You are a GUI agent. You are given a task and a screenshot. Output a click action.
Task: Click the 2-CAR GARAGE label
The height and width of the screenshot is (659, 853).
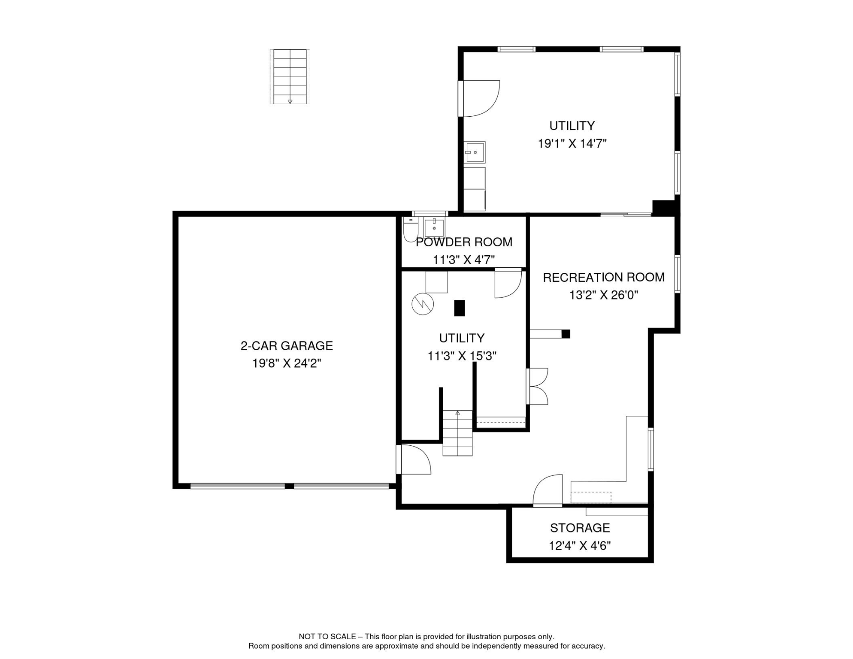[x=287, y=346]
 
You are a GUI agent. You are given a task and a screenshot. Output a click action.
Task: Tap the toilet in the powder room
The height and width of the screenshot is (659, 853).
[x=411, y=230]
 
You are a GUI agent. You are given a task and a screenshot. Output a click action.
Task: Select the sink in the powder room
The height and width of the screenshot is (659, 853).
[x=434, y=227]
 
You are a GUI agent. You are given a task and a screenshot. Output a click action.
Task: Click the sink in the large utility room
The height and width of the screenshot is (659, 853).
[x=475, y=152]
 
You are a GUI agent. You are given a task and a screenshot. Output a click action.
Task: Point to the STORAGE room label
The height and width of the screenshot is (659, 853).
[x=580, y=528]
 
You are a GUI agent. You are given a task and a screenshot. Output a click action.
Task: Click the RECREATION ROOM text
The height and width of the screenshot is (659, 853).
[x=604, y=278]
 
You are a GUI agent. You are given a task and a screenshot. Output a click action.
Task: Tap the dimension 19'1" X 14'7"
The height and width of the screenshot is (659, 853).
[x=572, y=144]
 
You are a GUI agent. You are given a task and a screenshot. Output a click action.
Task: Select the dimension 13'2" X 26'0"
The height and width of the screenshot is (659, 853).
[x=604, y=295]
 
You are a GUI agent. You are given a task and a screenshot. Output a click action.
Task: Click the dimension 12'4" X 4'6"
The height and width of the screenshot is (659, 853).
[x=580, y=546]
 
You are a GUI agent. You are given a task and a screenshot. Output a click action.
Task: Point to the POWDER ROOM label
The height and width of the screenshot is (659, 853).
[x=464, y=242]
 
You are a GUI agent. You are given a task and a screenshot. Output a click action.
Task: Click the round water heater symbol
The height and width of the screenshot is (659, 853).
[x=423, y=304]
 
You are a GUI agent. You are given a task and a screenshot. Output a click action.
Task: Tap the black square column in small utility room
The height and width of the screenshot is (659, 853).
[x=460, y=308]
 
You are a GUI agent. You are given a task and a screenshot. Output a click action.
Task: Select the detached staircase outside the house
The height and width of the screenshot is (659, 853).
[x=290, y=77]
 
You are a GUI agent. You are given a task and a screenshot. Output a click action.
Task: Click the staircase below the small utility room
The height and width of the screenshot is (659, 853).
[x=457, y=433]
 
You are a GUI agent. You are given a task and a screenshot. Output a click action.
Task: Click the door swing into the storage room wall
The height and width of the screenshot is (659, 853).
[x=547, y=490]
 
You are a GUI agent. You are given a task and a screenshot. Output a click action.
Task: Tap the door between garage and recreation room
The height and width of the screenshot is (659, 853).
[x=413, y=459]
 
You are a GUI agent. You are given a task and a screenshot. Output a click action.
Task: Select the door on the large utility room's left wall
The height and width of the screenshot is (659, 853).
[x=479, y=98]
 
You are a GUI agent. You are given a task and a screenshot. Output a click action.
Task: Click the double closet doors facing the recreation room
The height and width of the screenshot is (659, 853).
[x=537, y=386]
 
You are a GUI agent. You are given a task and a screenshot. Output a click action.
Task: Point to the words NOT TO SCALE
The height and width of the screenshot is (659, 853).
[x=327, y=637]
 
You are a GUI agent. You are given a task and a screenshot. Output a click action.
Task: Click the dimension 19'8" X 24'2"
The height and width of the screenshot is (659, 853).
[x=287, y=364]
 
